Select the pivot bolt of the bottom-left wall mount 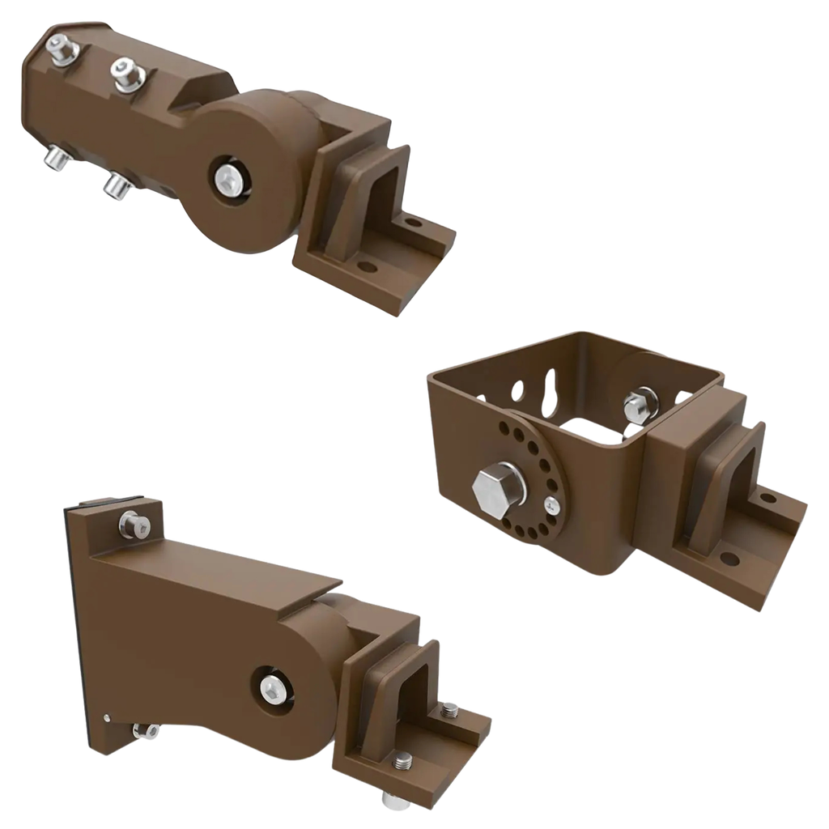coord(273,689)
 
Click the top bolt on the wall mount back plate coord(134,525)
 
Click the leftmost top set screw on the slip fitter coord(60,49)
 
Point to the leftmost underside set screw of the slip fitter coord(55,158)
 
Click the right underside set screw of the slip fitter coord(116,188)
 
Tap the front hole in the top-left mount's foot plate coord(368,266)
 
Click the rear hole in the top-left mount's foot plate coord(414,221)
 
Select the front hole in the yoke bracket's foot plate coord(729,558)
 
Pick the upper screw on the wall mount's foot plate coord(449,711)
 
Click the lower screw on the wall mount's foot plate coord(402,760)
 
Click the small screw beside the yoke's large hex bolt coord(551,506)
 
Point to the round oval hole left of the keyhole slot coord(517,392)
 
